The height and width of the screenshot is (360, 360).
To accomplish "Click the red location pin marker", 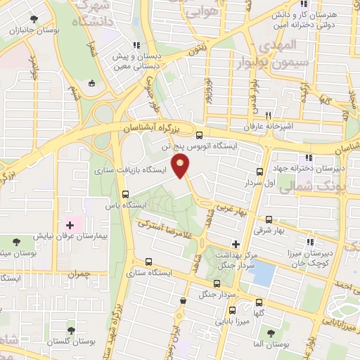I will [181, 167].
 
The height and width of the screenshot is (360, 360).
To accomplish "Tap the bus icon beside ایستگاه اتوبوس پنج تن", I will [200, 136].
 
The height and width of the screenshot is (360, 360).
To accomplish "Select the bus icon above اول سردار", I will [260, 171].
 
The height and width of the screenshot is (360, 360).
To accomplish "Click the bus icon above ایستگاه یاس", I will [126, 194].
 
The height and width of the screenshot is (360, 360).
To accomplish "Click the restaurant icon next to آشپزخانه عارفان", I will [268, 115].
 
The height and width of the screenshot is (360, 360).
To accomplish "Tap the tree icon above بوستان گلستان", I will [70, 330].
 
